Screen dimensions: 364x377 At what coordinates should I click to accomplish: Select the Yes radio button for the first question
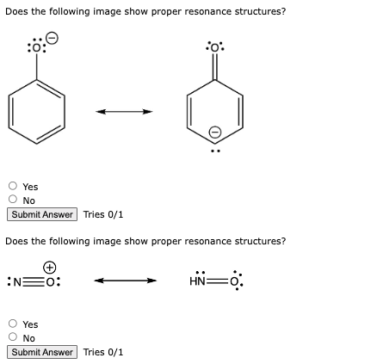[13, 186]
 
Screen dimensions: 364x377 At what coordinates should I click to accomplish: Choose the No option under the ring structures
[13, 201]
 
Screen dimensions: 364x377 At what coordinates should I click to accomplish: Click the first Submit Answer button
[42, 214]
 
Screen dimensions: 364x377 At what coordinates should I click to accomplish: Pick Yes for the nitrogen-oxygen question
[13, 324]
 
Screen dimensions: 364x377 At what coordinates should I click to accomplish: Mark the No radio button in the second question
[13, 338]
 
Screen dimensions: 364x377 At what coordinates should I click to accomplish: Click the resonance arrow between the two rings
[124, 111]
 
